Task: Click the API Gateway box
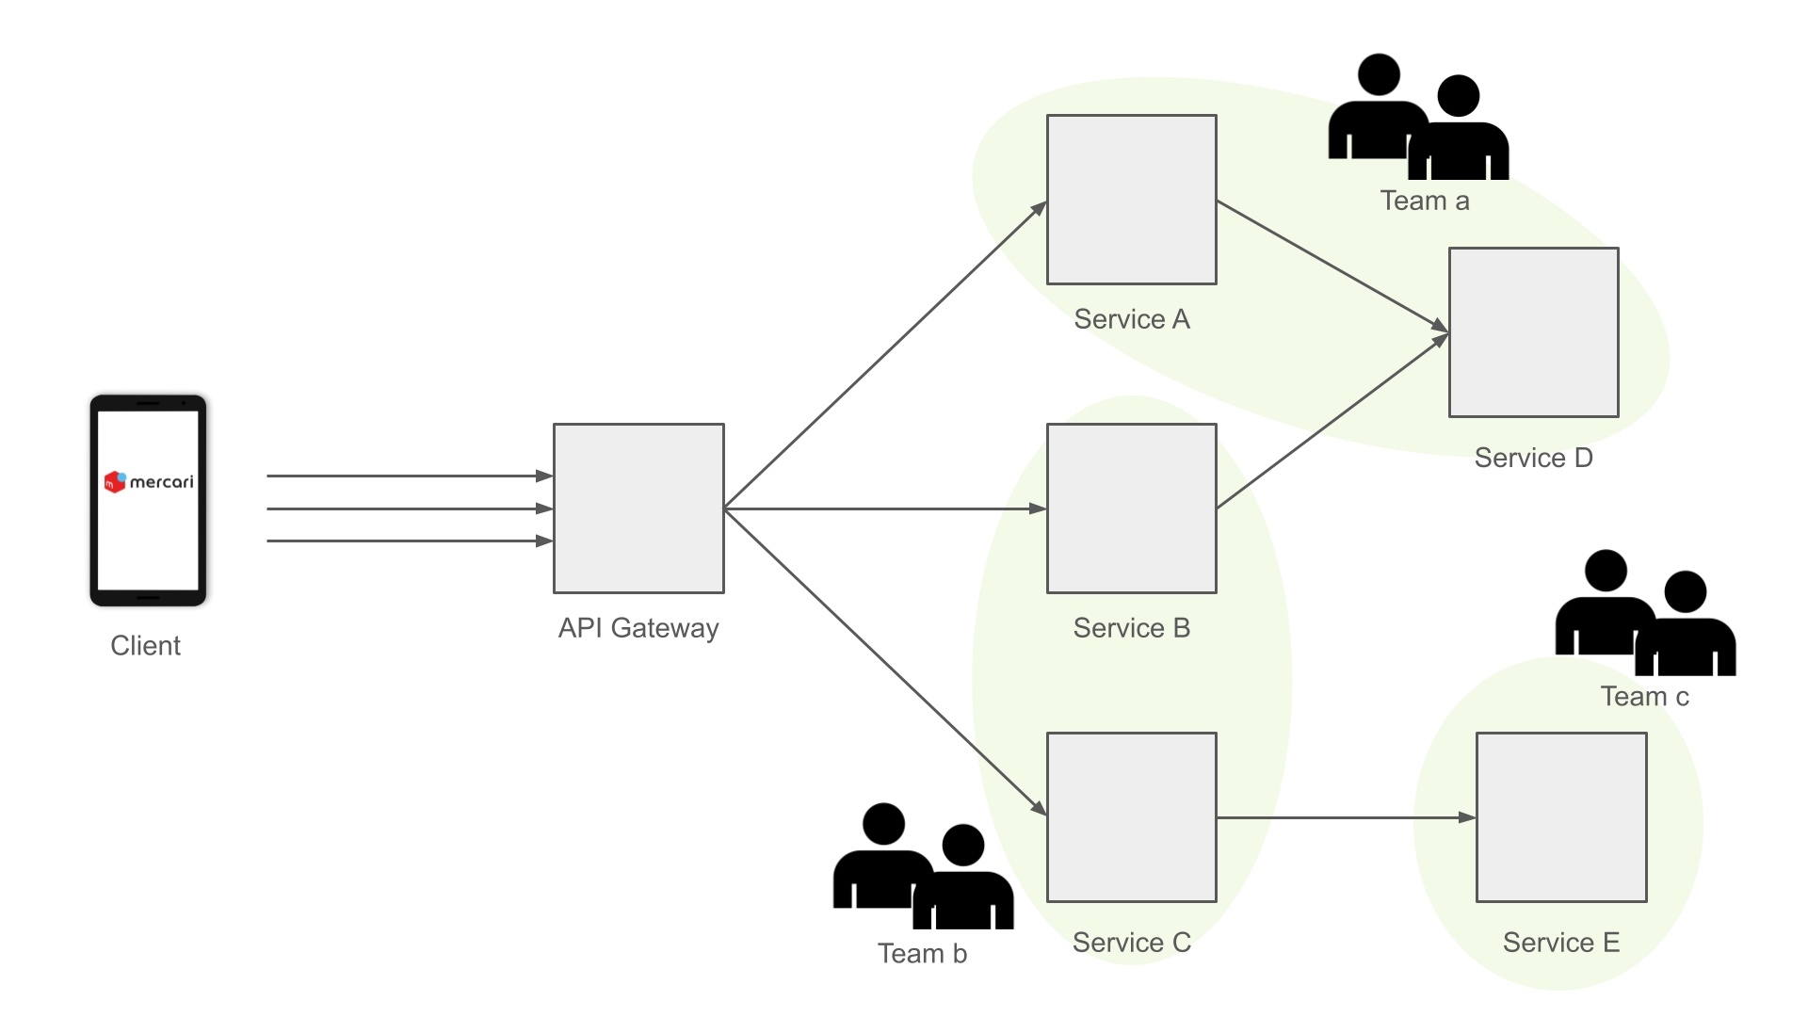coord(638,508)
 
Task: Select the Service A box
coord(1131,200)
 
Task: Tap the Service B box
coord(1131,508)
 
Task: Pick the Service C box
coord(1131,817)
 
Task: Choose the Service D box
coord(1533,332)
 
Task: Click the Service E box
coord(1561,817)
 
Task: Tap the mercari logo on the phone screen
coord(149,482)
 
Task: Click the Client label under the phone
coord(145,646)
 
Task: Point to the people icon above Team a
coord(1418,118)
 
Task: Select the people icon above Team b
coord(923,867)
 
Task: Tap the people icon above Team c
coord(1645,614)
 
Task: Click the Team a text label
coord(1425,201)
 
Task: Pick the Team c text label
coord(1645,697)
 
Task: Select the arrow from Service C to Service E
coord(1347,817)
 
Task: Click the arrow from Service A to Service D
coord(1332,266)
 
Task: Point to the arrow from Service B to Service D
coord(1332,422)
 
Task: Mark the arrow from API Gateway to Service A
coord(885,355)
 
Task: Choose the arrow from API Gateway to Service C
coord(885,662)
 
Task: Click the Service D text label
coord(1533,458)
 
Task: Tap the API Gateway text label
coord(638,628)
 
